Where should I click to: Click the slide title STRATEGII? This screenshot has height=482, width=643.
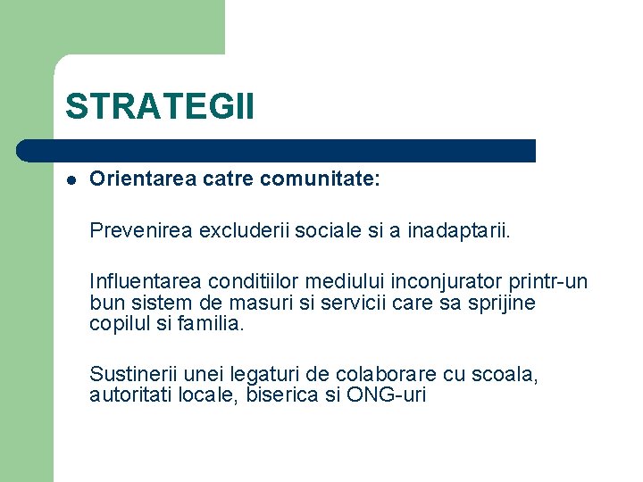tap(159, 106)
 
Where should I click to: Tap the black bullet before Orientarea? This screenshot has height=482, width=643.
tap(71, 180)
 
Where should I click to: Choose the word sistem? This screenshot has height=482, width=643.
tap(158, 303)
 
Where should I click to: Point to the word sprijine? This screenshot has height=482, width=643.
tap(499, 303)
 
